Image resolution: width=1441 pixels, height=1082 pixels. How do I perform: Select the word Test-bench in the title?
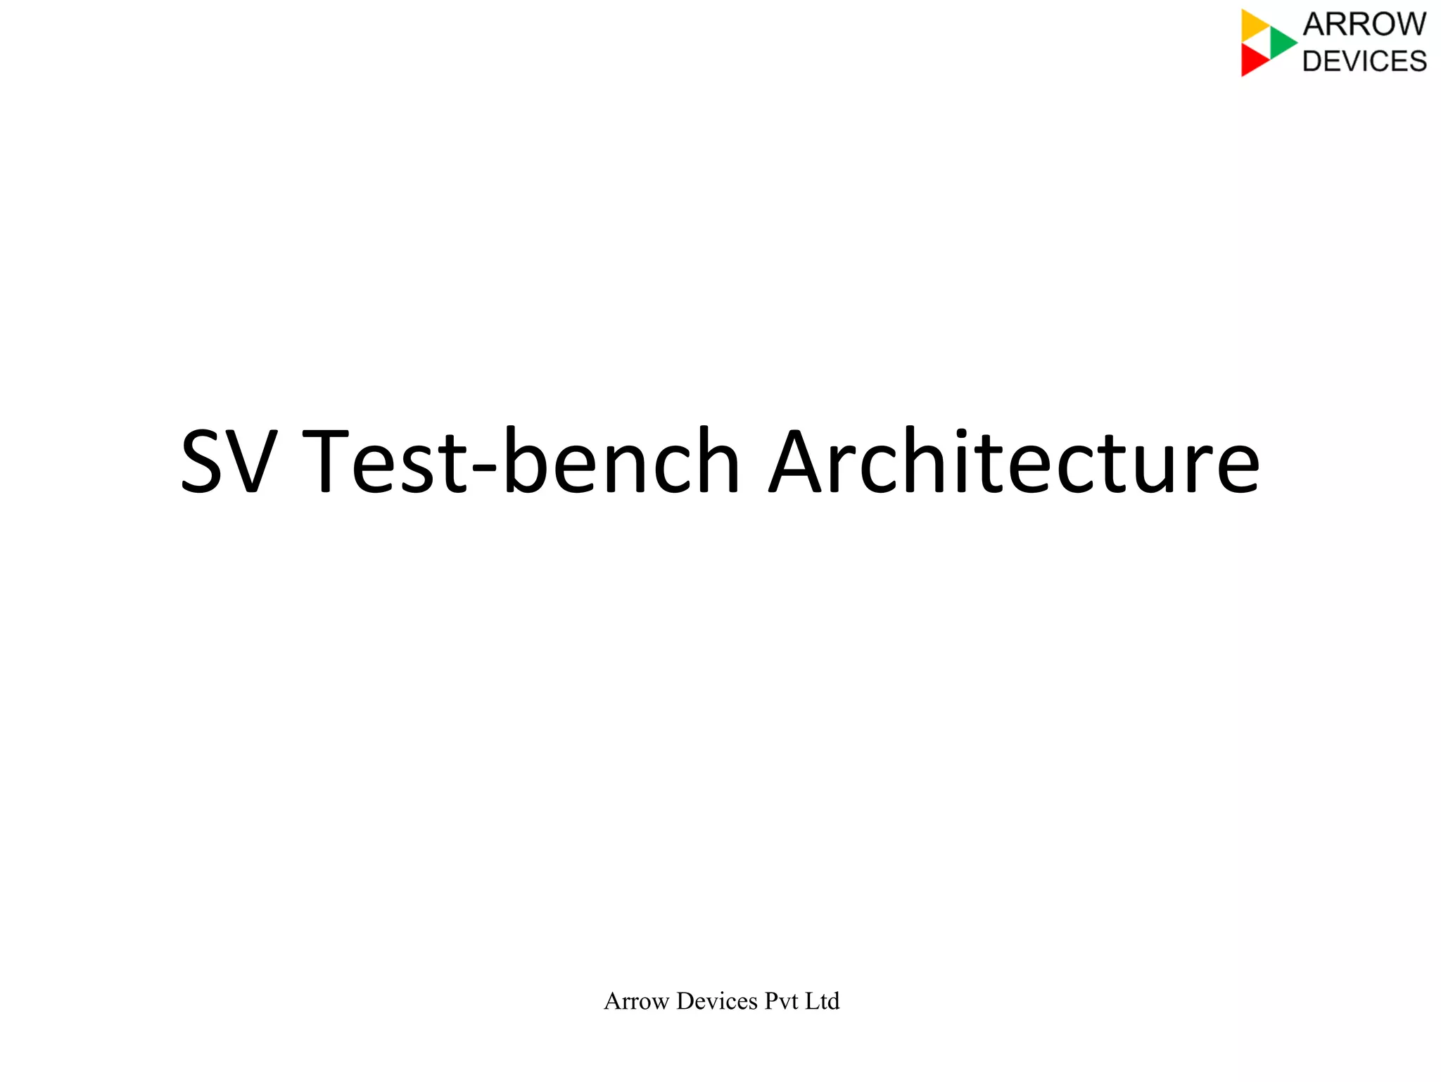click(x=521, y=462)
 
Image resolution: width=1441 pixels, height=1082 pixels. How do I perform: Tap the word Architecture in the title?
click(x=1013, y=462)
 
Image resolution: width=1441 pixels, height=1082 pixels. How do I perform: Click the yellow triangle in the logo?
click(x=1253, y=25)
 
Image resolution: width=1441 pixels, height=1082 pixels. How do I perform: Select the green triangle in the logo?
click(x=1281, y=42)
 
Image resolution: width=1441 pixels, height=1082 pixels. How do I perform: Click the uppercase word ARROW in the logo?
click(x=1364, y=25)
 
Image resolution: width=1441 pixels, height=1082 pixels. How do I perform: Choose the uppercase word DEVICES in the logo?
click(x=1364, y=61)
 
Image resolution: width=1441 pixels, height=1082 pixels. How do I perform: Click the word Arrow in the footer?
click(x=636, y=1001)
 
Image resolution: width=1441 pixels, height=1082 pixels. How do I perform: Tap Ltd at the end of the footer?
click(x=823, y=1001)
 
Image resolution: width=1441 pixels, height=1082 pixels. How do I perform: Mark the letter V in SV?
click(x=250, y=462)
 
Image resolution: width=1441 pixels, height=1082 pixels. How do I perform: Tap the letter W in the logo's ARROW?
click(x=1409, y=25)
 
